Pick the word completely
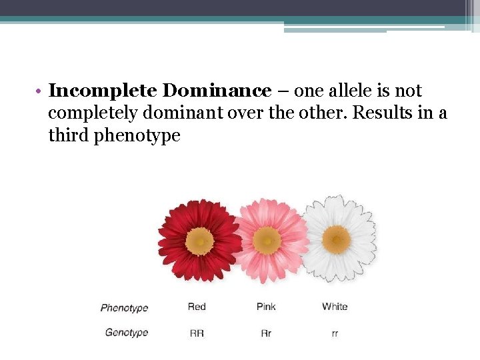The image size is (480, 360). (87, 113)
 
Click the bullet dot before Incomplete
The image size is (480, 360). (41, 91)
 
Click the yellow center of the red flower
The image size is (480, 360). (199, 241)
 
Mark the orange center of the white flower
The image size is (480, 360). (336, 238)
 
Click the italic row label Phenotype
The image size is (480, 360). (124, 308)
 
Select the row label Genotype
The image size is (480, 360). (127, 333)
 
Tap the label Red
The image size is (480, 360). (197, 307)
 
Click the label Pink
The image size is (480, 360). (266, 307)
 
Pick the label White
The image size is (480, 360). (335, 307)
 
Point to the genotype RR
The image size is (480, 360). (197, 333)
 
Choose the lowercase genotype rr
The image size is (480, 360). (335, 333)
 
